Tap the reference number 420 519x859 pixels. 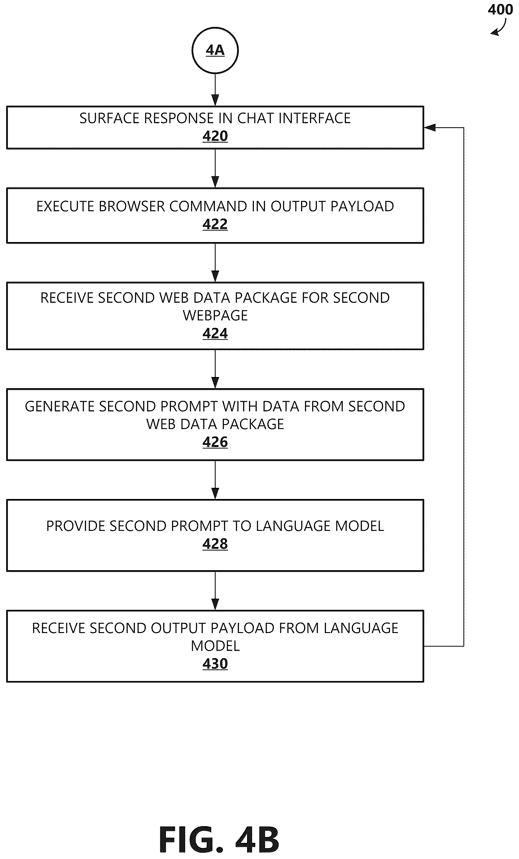point(215,136)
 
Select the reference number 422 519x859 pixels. point(215,224)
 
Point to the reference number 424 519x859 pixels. point(215,333)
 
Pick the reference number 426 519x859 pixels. point(215,442)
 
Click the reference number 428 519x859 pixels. point(215,544)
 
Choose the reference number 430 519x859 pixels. point(215,664)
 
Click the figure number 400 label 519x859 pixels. point(500,9)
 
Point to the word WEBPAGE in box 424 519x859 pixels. point(215,315)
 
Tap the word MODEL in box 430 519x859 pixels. point(215,646)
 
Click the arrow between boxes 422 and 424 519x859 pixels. point(215,263)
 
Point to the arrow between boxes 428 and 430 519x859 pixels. point(215,591)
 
